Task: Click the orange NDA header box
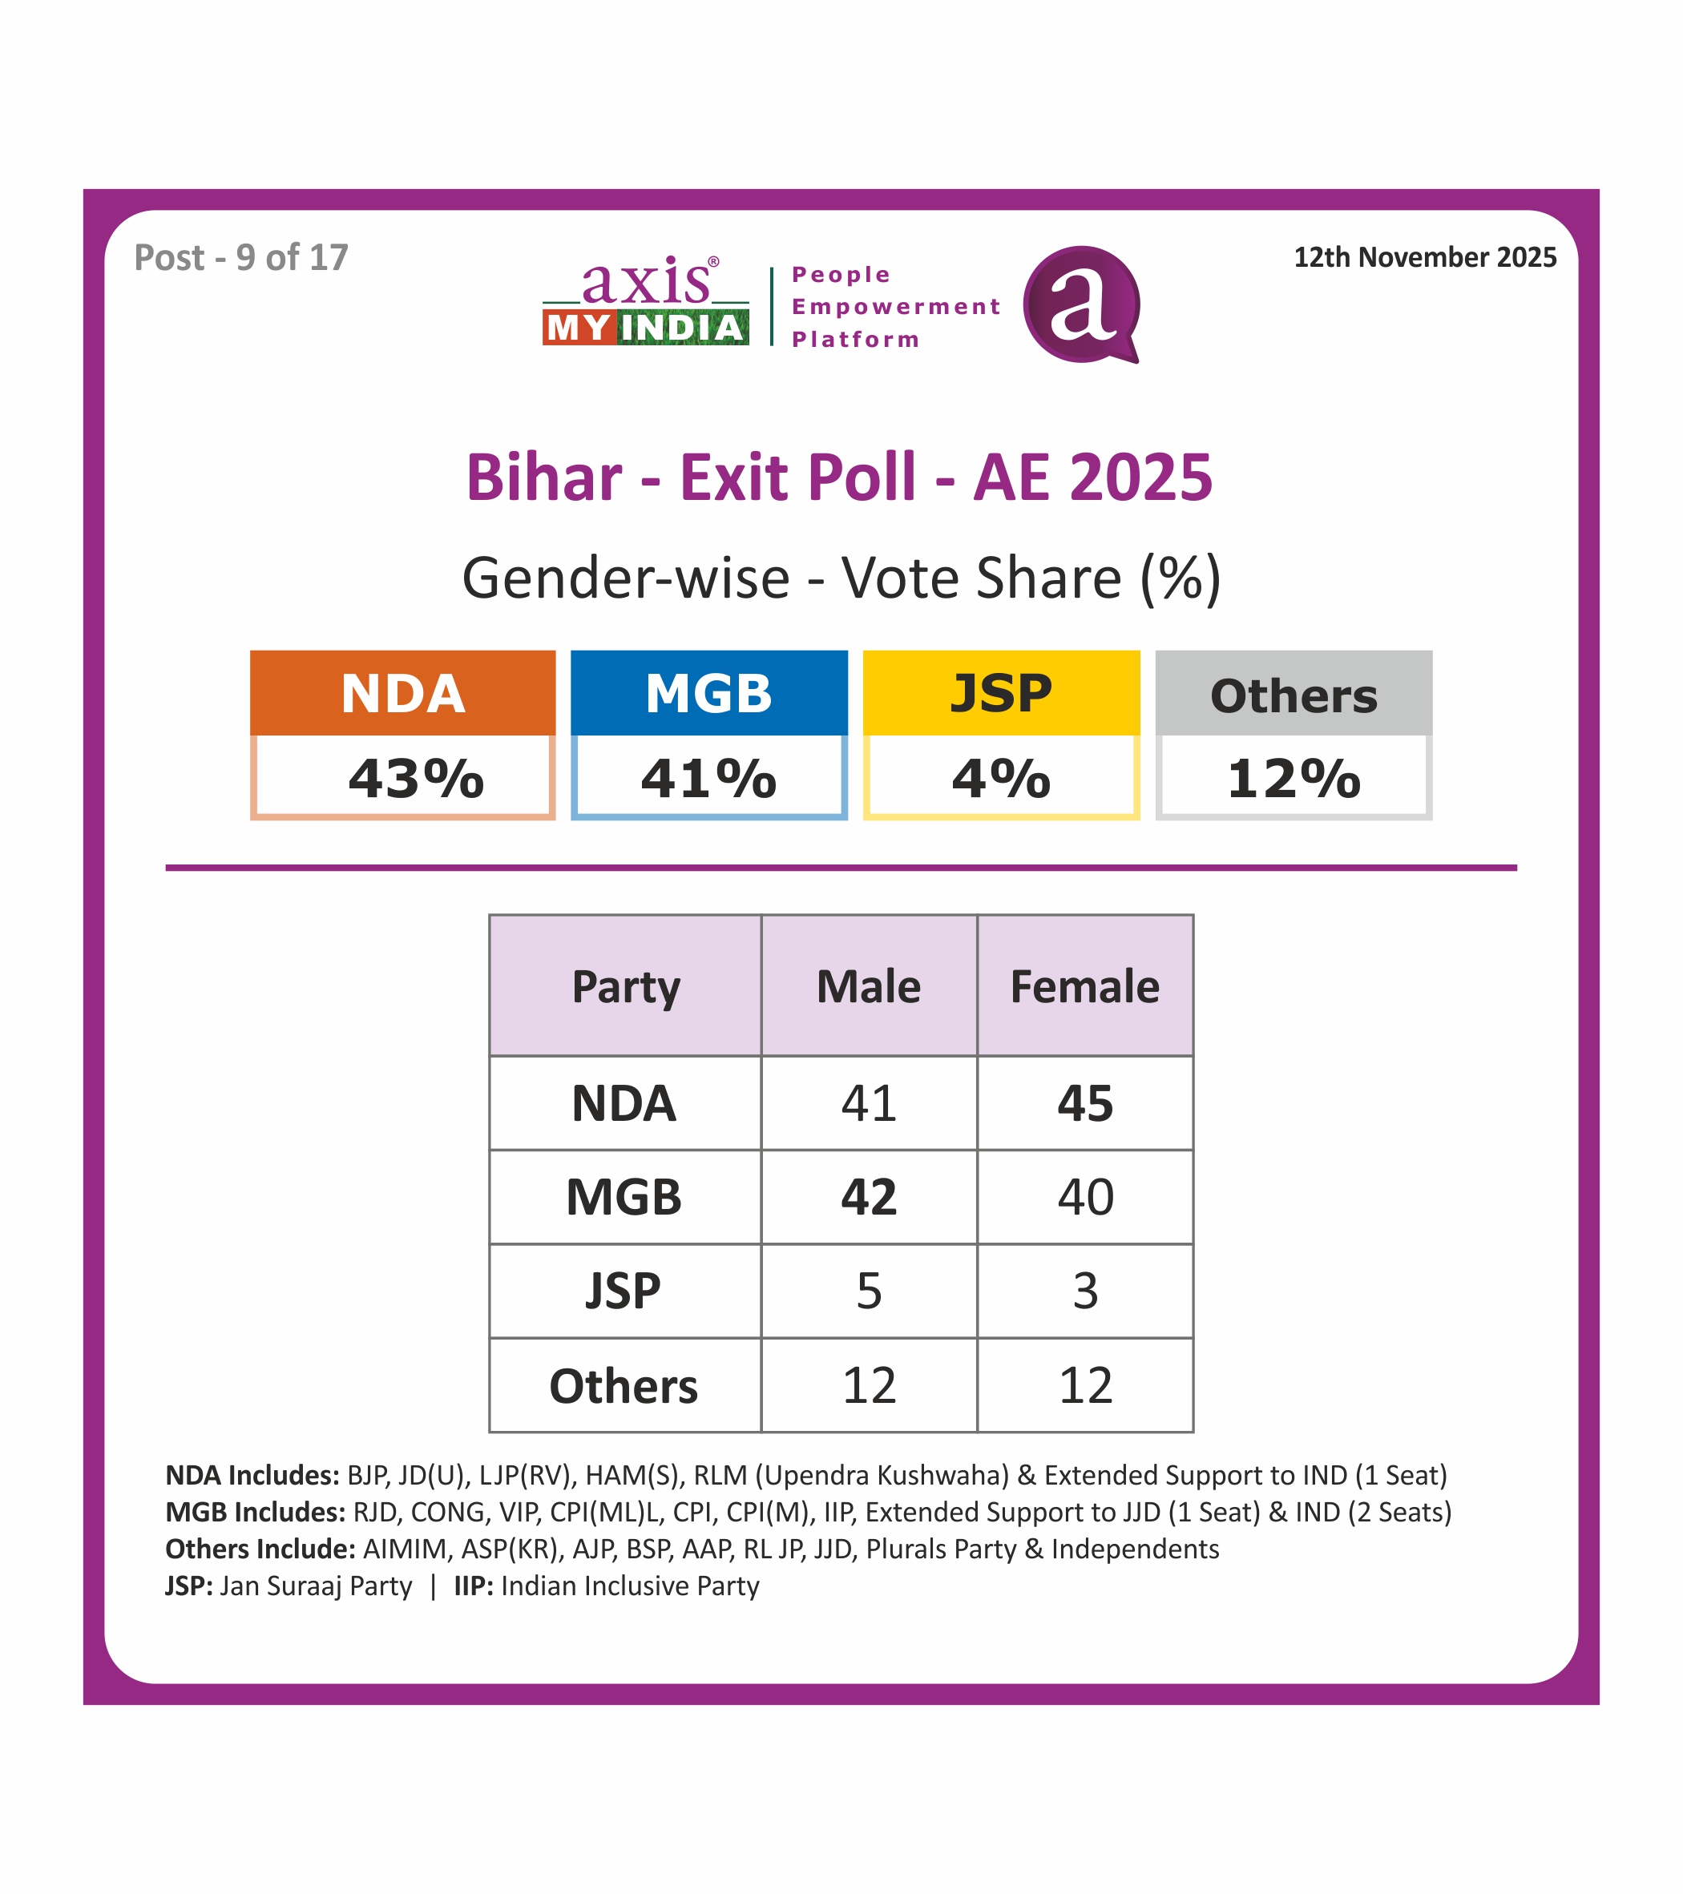coord(402,693)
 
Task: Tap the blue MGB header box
coord(709,693)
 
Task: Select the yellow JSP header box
coord(1001,693)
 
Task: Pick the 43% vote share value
coord(415,779)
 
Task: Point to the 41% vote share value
coord(709,779)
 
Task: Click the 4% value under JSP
coord(1001,779)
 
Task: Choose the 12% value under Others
coord(1294,779)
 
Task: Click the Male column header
coord(869,986)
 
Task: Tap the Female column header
coord(1084,986)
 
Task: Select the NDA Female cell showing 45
coord(1085,1103)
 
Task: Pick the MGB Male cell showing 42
coord(869,1197)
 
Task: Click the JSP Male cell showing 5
coord(869,1291)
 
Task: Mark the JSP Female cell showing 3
coord(1085,1291)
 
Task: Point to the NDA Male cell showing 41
coord(869,1103)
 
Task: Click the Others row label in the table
coord(624,1386)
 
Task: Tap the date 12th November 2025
coord(1424,258)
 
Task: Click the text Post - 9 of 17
coord(241,258)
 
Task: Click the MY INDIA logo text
coord(646,328)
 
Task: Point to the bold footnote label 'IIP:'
coord(473,1586)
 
